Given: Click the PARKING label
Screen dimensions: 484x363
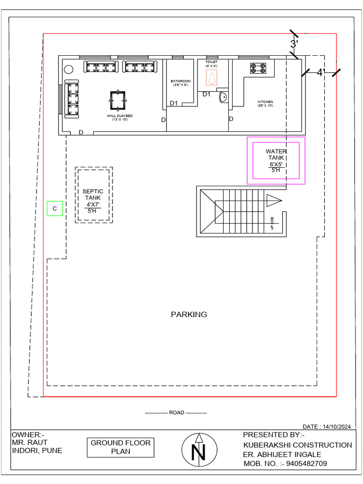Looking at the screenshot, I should click(189, 314).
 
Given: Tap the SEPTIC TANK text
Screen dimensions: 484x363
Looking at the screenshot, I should click(93, 194).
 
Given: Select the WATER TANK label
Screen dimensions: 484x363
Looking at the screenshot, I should click(276, 155).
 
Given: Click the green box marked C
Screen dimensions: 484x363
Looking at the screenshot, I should click(55, 208).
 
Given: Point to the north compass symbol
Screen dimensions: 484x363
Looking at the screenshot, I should click(199, 449).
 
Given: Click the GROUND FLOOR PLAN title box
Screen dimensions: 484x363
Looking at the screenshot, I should click(120, 447).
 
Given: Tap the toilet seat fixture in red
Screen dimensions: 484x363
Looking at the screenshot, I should click(211, 78).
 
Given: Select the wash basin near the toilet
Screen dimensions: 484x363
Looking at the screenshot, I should click(223, 97).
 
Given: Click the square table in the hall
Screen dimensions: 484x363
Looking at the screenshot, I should click(118, 100).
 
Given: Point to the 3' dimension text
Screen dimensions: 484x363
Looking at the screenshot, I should click(294, 44).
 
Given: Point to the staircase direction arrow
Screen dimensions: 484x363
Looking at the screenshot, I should click(273, 200).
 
